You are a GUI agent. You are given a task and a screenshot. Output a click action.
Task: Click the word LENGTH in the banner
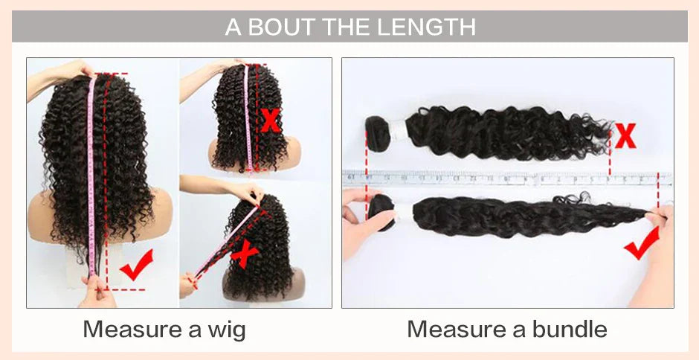point(427,28)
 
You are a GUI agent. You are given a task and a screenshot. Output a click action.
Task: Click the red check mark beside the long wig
point(136,265)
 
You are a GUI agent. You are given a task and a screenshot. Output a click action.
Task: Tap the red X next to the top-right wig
point(271,119)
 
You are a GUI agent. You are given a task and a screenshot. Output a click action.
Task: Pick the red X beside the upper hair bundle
point(626,136)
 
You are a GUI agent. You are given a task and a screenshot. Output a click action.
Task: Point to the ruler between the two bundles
point(506,179)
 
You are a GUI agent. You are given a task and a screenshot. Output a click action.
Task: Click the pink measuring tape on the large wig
point(92,171)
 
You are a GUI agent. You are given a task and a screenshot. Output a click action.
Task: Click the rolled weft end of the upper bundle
point(379,135)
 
